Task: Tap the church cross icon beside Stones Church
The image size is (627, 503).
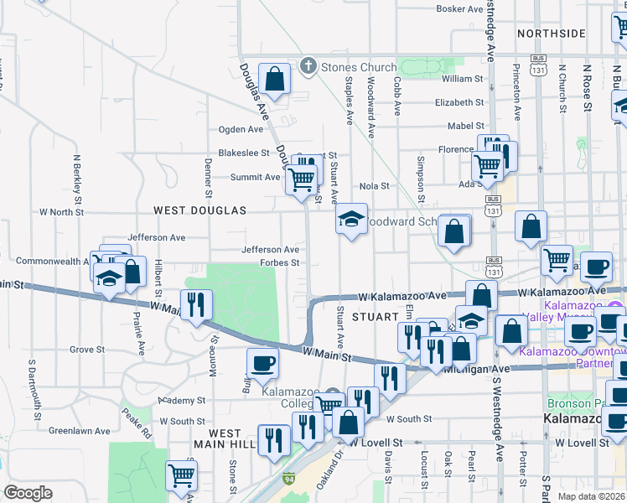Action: (x=308, y=67)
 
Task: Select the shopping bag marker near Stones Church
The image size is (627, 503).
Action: (x=274, y=80)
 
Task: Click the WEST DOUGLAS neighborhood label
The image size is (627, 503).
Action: (x=199, y=210)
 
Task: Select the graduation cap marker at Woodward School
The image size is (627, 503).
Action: (x=351, y=220)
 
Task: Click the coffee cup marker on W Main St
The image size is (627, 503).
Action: (x=262, y=365)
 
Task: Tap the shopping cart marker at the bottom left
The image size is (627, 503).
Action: (x=181, y=476)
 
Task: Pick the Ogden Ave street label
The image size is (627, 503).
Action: (x=241, y=129)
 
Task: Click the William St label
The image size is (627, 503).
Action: (x=463, y=79)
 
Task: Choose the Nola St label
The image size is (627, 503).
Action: (x=374, y=186)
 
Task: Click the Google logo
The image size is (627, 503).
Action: (x=27, y=493)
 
